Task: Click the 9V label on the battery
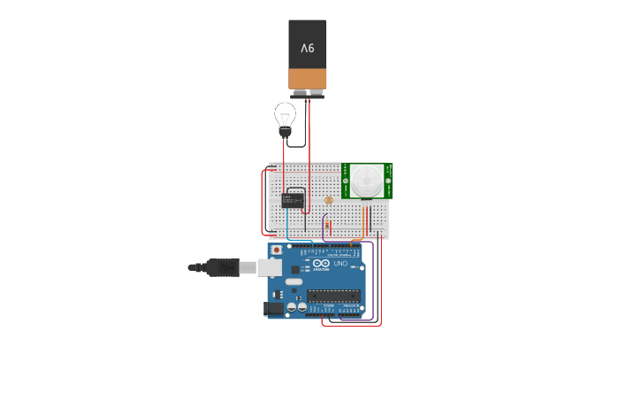click(307, 47)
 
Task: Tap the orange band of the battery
click(307, 79)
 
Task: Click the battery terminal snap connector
click(307, 93)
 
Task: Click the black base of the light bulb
click(285, 133)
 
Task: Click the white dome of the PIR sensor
click(365, 181)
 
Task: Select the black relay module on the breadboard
click(294, 200)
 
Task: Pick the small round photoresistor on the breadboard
click(329, 200)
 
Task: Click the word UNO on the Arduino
click(340, 263)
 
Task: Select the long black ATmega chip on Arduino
click(334, 295)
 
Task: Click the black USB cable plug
click(221, 267)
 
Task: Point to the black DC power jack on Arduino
click(273, 308)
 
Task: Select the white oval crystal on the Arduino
click(293, 281)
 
